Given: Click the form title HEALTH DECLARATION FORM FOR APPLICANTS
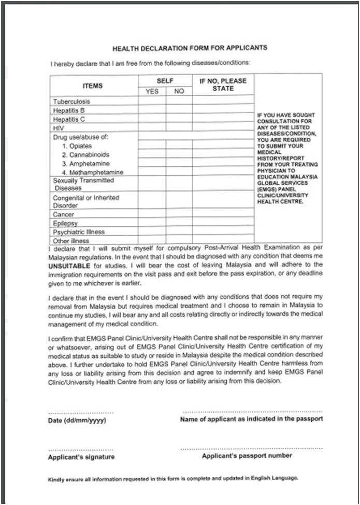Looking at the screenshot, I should (x=190, y=48).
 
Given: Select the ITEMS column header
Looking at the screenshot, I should (x=93, y=85).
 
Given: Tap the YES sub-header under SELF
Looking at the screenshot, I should (x=152, y=91).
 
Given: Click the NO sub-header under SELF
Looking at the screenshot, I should (x=179, y=91).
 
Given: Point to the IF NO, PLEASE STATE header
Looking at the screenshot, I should (x=223, y=84).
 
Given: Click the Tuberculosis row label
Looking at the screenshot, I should (x=71, y=102).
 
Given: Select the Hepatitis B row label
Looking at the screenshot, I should (x=68, y=110).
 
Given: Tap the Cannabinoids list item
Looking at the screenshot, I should (x=85, y=154).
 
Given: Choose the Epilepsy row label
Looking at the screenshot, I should (x=65, y=223).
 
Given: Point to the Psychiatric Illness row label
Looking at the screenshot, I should (x=78, y=232).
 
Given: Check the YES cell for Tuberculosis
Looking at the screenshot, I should (x=152, y=101).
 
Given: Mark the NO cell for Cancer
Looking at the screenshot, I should (x=179, y=214).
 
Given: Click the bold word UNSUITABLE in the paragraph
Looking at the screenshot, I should (x=71, y=265).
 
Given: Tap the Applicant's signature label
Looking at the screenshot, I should (x=81, y=457).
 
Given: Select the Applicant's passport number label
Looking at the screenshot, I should (x=247, y=456).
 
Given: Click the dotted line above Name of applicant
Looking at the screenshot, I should (x=252, y=412).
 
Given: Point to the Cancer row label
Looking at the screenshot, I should (x=64, y=214).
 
